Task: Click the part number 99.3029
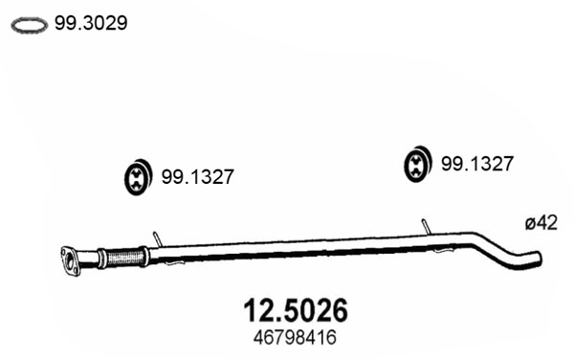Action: (x=91, y=23)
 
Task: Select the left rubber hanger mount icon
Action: (x=138, y=177)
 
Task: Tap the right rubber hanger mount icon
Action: (x=417, y=164)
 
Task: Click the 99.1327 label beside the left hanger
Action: (x=198, y=177)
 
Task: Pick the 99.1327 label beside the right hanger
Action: (x=477, y=164)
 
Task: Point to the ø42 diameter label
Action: (x=541, y=223)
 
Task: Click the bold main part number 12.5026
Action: (x=296, y=310)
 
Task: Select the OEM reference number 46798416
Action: (x=295, y=338)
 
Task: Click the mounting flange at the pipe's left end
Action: (x=70, y=261)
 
